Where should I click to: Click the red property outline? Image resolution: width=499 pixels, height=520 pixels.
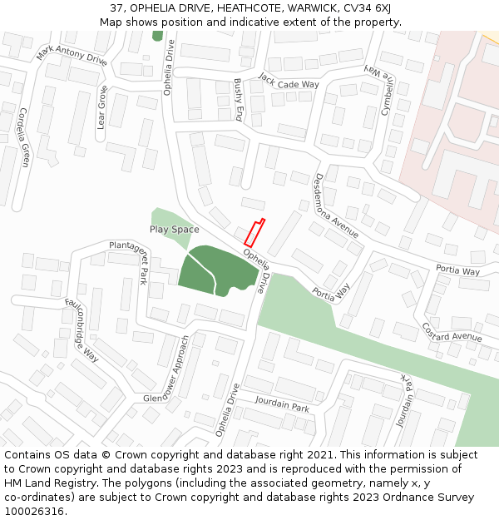coord(254,231)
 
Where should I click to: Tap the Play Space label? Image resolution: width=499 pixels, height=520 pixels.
coord(175,229)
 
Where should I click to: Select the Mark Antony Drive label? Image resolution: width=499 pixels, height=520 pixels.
coord(72,55)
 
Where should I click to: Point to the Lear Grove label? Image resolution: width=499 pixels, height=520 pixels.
coord(102,107)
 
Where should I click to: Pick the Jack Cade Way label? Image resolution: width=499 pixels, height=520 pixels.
coord(289,80)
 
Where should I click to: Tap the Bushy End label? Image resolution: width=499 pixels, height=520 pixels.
coord(239,99)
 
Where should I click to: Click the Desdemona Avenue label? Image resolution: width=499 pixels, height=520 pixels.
coord(336,206)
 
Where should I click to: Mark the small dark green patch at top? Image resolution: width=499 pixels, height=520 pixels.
coord(157,36)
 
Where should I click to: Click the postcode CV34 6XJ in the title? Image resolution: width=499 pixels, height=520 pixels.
coord(370,8)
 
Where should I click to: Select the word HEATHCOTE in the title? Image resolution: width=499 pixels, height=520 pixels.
coord(224,8)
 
